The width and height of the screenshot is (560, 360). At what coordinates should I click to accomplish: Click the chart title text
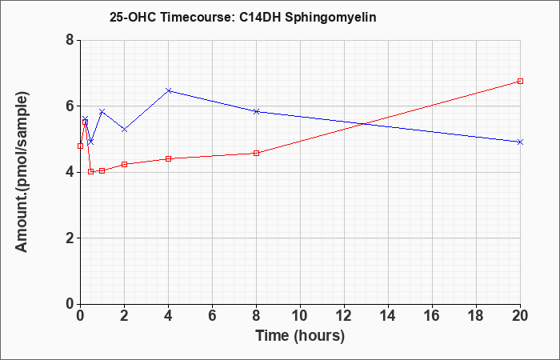point(243,18)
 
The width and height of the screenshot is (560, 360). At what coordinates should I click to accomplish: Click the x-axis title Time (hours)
point(300,336)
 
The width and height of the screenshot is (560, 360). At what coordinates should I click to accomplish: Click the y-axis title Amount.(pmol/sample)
point(22,172)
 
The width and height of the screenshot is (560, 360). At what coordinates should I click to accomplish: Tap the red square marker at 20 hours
point(520,81)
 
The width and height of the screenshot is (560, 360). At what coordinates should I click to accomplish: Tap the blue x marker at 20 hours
point(520,142)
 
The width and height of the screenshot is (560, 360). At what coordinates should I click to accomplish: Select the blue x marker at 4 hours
point(169,90)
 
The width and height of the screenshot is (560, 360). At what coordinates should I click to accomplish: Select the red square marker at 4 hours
point(169,158)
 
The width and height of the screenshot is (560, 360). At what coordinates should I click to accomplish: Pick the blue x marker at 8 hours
point(257,111)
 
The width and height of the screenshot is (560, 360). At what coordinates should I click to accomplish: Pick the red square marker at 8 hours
point(257,154)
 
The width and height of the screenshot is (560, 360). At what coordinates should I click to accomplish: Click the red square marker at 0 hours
point(80,146)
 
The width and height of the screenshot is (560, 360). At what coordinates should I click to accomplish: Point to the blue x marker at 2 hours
point(124,130)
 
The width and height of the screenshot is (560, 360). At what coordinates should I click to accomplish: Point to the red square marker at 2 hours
point(124,164)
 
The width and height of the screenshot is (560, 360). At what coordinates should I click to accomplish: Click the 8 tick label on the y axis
point(70,40)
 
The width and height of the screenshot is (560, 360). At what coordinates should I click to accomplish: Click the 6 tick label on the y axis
point(70,106)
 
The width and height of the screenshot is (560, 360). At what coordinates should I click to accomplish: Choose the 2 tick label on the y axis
point(70,238)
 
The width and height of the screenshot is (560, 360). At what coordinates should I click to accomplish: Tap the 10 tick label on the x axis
point(300,316)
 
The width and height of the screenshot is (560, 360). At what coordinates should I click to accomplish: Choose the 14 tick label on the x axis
point(388,316)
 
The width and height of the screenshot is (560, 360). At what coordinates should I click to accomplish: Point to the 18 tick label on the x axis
point(476,316)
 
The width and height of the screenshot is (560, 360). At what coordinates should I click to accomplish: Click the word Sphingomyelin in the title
point(330,18)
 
